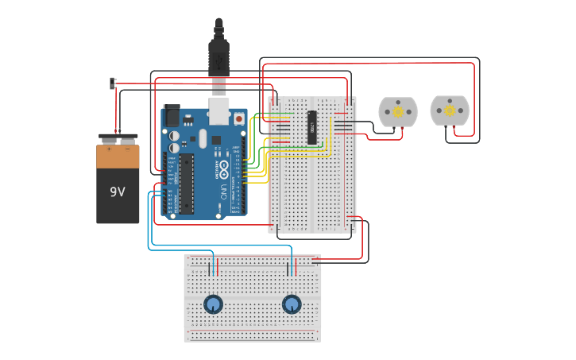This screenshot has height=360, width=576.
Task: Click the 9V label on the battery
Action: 118,192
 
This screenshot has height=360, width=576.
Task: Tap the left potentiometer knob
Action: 213,304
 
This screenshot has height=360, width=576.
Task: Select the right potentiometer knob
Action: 292,304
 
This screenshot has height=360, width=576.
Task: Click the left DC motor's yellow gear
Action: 397,111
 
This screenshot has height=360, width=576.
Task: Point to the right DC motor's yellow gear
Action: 450,110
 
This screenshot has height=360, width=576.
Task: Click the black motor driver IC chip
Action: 312,128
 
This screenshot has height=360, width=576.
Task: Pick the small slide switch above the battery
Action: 112,83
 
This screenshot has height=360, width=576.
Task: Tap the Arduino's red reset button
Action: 238,118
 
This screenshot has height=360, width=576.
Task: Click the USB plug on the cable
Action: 218,60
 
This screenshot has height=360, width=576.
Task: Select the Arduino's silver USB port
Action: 218,110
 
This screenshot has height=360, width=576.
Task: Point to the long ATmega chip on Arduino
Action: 186,183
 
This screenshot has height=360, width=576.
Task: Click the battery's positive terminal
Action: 109,141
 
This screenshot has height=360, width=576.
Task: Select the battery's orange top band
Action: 118,157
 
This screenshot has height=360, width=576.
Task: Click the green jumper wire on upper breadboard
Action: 281,114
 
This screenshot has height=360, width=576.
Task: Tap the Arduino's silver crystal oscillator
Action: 203,138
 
